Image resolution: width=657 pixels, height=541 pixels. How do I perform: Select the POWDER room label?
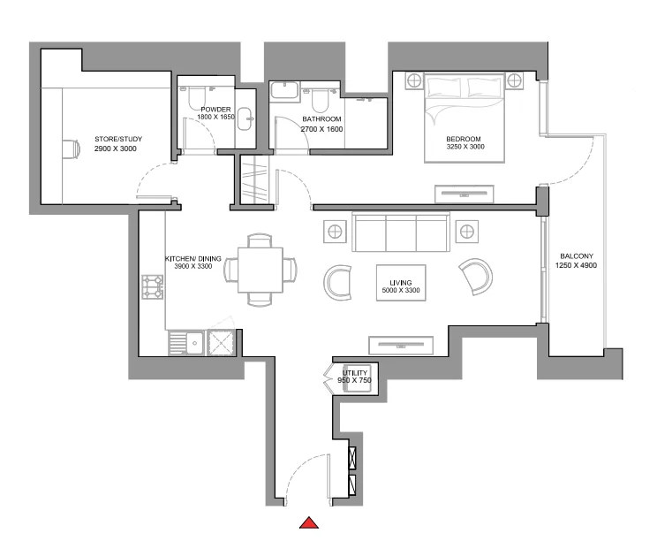[215, 110]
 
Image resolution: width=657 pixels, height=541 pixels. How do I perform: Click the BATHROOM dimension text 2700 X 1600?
[321, 129]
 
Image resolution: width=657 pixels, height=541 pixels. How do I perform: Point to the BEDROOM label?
[463, 140]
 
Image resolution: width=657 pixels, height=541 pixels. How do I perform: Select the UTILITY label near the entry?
[355, 374]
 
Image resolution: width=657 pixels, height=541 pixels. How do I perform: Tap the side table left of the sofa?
[335, 232]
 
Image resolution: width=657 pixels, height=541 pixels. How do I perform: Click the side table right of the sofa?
[465, 232]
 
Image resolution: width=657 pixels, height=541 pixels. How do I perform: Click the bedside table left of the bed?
[413, 81]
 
